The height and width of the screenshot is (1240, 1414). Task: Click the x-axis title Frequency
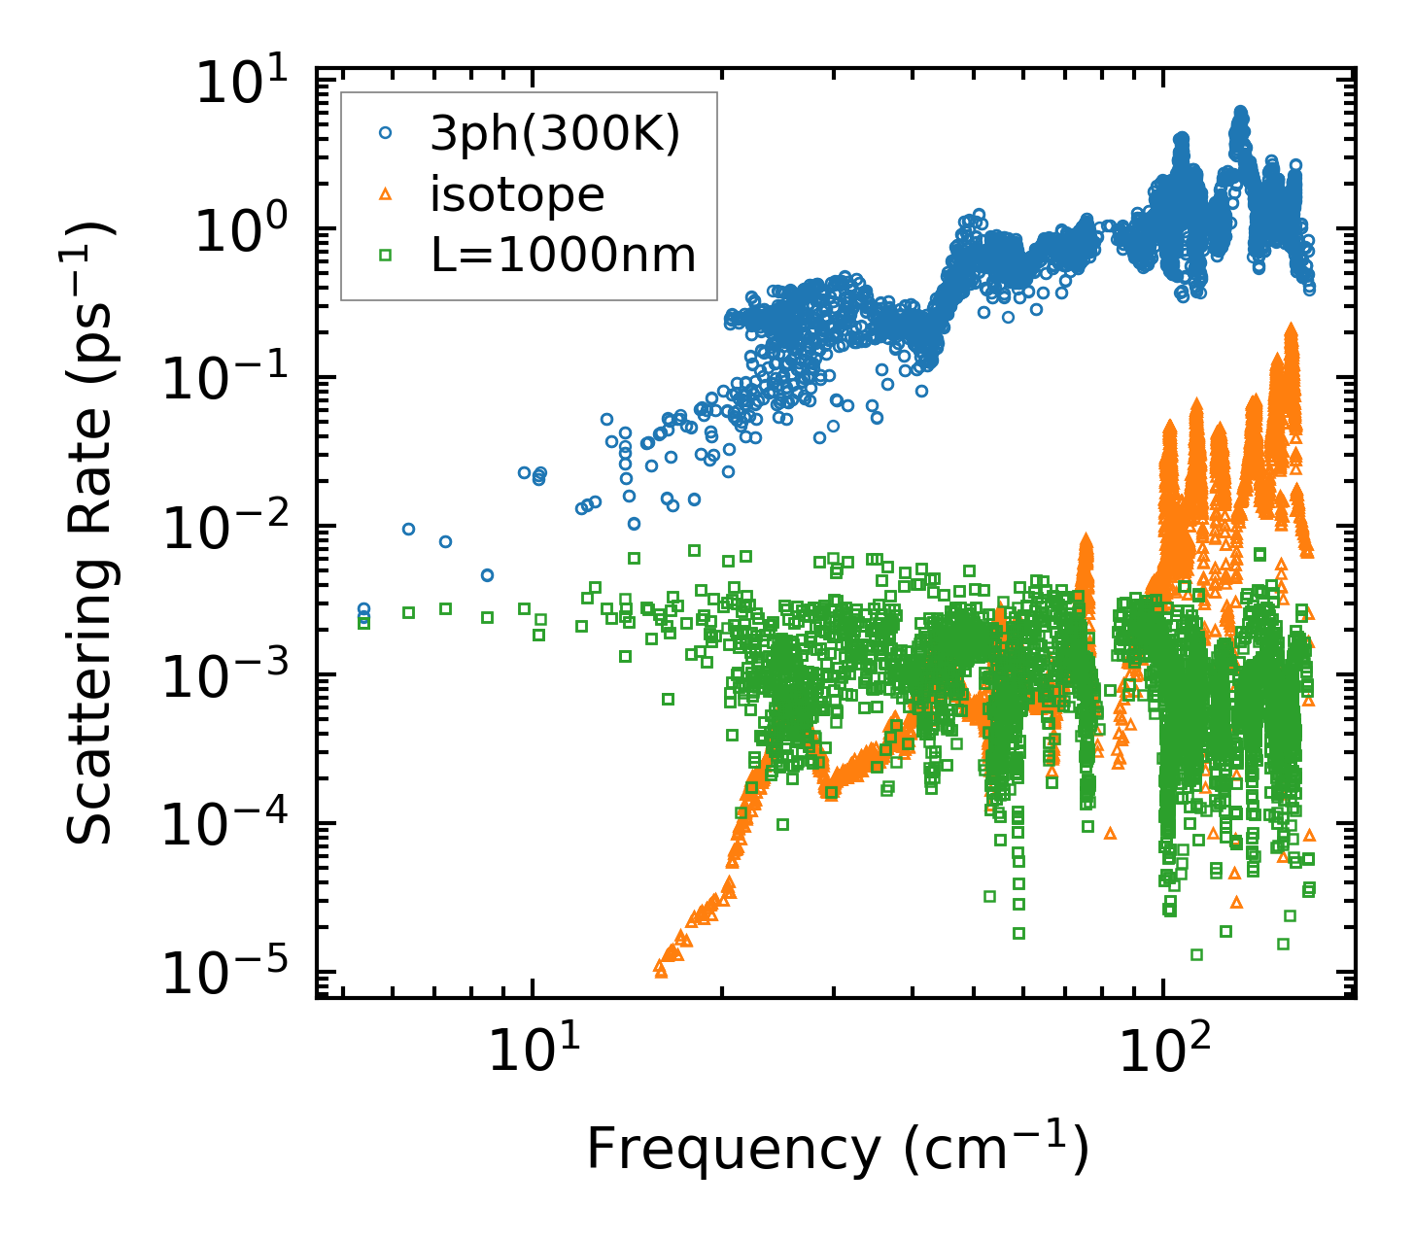click(x=837, y=1151)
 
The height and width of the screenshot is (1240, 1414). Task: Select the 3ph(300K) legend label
click(x=555, y=136)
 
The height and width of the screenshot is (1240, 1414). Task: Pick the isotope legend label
click(x=517, y=195)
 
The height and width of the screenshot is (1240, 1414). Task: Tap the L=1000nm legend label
click(x=563, y=256)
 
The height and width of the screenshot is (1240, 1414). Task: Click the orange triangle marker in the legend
click(x=385, y=196)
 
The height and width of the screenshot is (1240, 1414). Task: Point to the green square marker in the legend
click(x=385, y=256)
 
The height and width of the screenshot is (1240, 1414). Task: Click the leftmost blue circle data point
click(x=363, y=610)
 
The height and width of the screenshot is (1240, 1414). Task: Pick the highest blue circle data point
click(x=1240, y=112)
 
